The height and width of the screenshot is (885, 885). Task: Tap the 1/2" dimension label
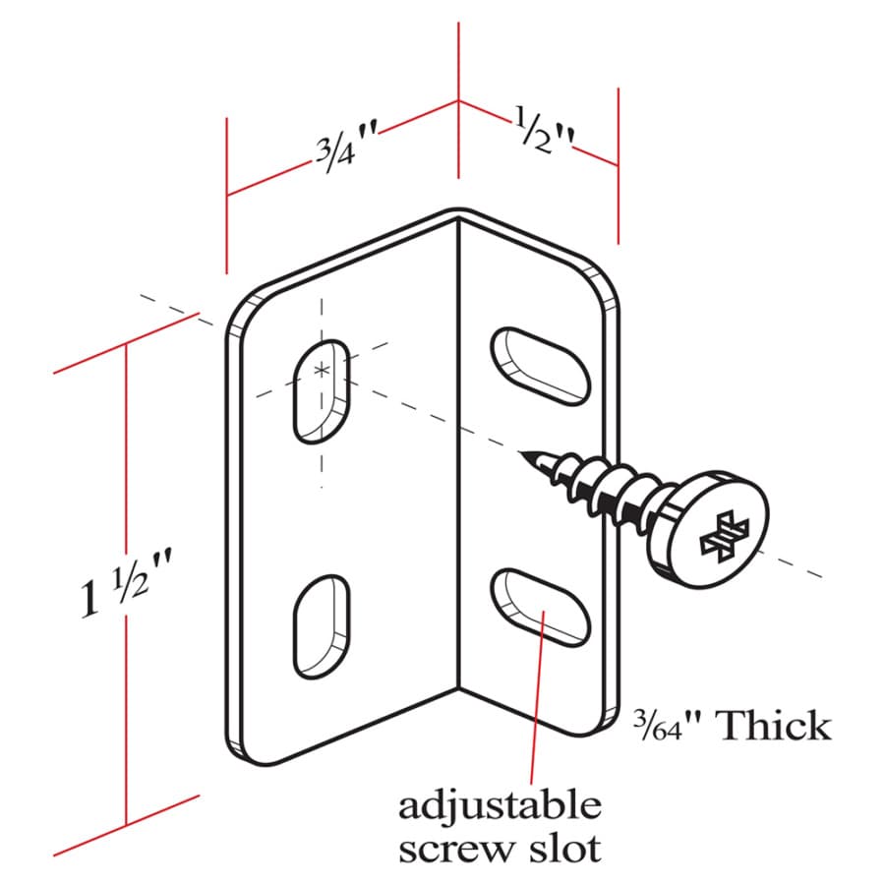point(544,131)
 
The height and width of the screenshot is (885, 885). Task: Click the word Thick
point(773,726)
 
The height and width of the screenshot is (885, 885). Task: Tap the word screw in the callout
point(456,850)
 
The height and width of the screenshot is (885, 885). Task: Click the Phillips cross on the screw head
point(724,536)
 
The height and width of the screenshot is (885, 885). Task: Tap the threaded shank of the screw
point(598,488)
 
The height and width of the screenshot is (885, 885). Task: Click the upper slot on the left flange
point(322,391)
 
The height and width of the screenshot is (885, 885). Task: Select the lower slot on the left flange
point(322,626)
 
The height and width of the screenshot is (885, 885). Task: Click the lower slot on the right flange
point(540,608)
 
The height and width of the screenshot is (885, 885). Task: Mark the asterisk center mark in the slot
point(322,371)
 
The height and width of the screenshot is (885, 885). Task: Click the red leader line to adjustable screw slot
point(537,697)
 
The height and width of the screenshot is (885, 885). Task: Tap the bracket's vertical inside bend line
point(458,454)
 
